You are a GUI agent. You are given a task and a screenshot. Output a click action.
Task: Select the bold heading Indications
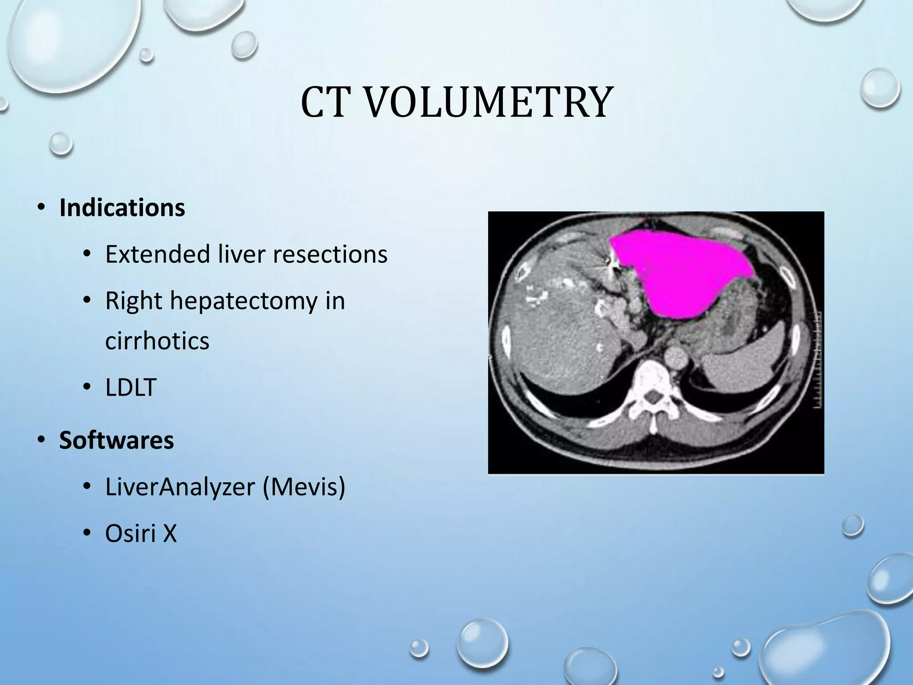coord(122,208)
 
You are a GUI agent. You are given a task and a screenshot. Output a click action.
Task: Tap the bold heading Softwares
coord(116,441)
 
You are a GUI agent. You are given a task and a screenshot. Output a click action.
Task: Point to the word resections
coord(330,255)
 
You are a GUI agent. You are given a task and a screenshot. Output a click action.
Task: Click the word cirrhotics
coord(157,341)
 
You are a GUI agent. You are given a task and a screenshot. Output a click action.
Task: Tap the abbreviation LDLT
coord(131,387)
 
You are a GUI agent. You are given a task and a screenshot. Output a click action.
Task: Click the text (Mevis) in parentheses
coord(304,487)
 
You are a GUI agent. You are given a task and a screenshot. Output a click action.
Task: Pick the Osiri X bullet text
coord(141,533)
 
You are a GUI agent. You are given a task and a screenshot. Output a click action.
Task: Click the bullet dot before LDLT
coord(87,387)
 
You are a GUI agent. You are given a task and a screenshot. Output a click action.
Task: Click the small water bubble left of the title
coord(61,144)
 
